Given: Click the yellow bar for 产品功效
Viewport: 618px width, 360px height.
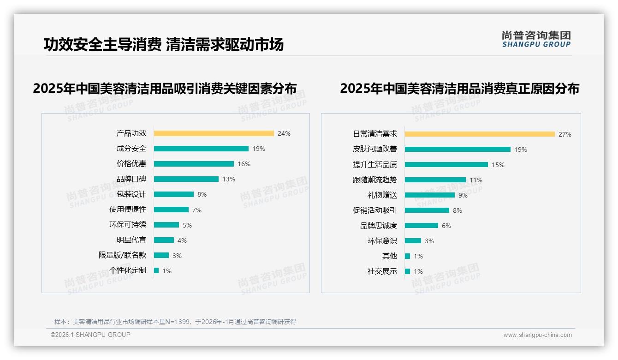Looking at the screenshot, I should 214,133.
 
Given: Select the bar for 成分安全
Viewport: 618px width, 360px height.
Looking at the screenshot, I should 201,149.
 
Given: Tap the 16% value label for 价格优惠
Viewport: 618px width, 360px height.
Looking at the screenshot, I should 244,164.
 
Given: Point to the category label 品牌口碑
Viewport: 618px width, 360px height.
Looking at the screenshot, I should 131,179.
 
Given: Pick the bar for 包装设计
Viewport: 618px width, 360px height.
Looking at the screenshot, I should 174,194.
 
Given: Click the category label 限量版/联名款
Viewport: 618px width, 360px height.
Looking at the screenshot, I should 122,255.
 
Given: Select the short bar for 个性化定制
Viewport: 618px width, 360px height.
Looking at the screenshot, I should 156,270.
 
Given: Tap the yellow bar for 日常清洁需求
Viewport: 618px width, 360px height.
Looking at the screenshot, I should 480,134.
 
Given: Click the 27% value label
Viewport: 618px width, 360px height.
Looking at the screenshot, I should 565,134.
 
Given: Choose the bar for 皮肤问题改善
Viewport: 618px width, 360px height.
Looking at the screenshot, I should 458,150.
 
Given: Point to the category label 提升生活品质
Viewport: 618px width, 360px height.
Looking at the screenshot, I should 375,165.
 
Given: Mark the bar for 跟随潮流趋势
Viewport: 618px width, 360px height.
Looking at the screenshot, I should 435,180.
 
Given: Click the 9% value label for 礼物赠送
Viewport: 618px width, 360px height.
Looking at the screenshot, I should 463,195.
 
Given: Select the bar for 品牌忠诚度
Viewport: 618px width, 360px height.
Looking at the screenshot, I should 422,226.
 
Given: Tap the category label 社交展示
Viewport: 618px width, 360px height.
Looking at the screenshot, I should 382,271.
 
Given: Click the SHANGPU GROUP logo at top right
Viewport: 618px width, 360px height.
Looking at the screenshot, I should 536,39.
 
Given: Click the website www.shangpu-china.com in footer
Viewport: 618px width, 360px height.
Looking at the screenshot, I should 537,335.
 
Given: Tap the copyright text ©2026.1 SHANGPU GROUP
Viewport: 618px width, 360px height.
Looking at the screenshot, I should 90,335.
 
